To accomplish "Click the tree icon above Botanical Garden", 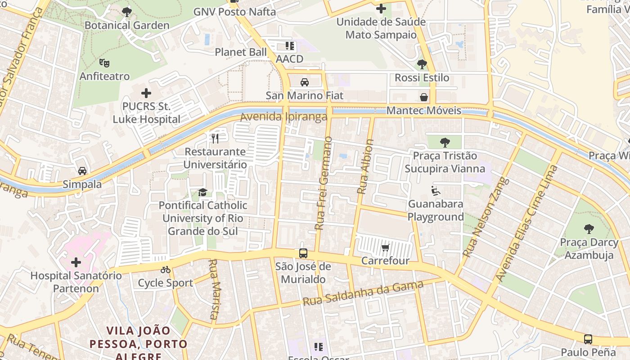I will (x=127, y=12).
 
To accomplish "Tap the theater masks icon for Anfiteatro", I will (x=104, y=63).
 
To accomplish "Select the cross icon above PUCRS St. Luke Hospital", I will (x=146, y=94).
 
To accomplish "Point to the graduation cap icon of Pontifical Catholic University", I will (x=202, y=193).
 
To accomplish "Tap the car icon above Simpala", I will (x=82, y=171).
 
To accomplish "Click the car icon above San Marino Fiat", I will (x=305, y=82).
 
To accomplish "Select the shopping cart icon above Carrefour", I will (x=385, y=247).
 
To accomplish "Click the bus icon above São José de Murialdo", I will (x=303, y=253).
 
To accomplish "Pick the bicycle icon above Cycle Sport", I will (x=166, y=270).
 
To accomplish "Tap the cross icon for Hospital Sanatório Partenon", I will (x=76, y=262).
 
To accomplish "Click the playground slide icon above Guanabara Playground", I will (x=435, y=191).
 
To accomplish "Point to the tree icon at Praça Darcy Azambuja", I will (x=589, y=229).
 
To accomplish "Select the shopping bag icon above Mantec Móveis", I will (x=424, y=97).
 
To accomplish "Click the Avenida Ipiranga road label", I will (x=283, y=117).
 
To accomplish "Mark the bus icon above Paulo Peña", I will (x=588, y=339).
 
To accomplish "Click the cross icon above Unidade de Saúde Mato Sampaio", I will (x=381, y=9).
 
